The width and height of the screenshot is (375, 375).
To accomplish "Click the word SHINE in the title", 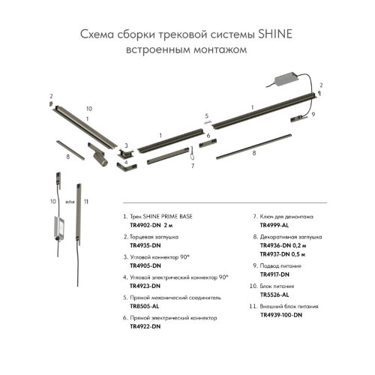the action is point(274,34).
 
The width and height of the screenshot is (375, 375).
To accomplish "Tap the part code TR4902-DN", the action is point(145,225).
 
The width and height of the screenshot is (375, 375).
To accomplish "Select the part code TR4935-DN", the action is point(145,245).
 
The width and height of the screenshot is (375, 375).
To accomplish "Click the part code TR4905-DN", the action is point(145,265).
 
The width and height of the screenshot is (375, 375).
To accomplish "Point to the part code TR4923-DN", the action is point(145,286).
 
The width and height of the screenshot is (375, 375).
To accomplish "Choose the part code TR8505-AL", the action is point(145,306).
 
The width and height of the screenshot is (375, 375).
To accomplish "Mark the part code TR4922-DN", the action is point(145,326).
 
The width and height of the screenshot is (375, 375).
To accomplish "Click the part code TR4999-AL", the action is point(274,225).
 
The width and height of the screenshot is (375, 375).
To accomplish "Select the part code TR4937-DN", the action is point(274,254).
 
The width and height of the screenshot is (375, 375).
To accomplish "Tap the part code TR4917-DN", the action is point(274,274).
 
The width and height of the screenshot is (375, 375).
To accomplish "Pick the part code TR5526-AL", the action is point(274,295).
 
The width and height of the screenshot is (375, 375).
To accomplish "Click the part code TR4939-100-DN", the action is point(281,315).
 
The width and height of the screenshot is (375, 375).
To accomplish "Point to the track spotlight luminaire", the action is point(98,154).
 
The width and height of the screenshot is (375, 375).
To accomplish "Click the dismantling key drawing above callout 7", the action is point(193,153).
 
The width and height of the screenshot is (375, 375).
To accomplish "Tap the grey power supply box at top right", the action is point(286,79).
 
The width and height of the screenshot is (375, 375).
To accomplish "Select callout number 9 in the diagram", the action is point(313,115).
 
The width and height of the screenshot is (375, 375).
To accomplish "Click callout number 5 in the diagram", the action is point(207,116).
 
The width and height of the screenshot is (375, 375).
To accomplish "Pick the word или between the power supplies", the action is point(70,202).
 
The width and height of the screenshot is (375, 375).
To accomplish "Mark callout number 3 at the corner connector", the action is point(126,145).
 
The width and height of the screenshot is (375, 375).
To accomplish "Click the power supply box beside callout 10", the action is point(59,228).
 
